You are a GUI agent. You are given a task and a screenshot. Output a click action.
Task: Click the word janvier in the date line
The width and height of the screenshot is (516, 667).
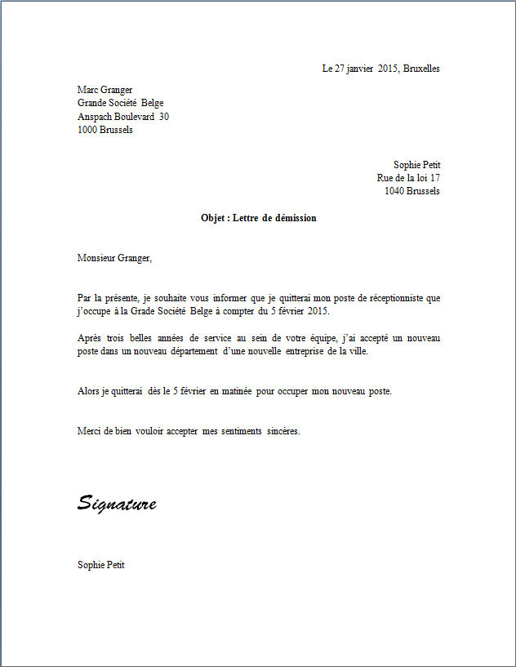(357, 69)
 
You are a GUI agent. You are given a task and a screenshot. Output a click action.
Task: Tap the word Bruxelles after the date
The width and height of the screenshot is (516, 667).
(421, 69)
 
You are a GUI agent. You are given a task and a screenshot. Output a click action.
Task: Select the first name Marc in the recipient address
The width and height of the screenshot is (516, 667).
(87, 90)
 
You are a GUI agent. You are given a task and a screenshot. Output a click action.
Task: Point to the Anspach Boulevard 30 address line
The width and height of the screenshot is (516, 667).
(122, 117)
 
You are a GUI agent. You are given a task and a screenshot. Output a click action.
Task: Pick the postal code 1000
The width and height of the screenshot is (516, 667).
(87, 130)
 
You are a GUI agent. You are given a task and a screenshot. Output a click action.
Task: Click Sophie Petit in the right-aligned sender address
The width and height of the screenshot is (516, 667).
(416, 165)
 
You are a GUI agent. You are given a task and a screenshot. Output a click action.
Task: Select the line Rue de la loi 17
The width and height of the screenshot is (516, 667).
(408, 178)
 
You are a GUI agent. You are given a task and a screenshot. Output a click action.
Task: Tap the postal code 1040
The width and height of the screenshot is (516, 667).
(395, 191)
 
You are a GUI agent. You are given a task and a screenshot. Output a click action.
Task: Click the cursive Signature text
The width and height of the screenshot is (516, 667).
(117, 503)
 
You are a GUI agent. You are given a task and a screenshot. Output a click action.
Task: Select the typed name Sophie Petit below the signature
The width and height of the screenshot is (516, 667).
(100, 565)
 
